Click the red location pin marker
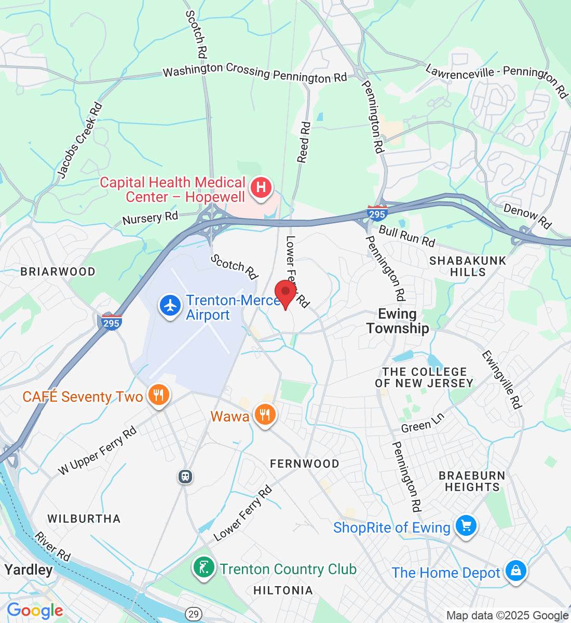pos(285,292)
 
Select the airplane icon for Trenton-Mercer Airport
pos(170,306)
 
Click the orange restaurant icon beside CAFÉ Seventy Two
pos(158,396)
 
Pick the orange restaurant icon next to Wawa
pos(265,415)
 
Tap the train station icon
pos(185,476)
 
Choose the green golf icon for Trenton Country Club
pos(204,567)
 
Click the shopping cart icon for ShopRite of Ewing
pos(466,526)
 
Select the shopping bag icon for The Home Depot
pos(515,571)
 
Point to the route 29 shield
pos(193,614)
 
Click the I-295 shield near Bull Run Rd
pos(376,213)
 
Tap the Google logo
pos(35,611)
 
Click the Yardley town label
pos(29,570)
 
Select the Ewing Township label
pos(398,321)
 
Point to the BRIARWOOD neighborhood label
pos(58,272)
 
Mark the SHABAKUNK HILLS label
pos(468,266)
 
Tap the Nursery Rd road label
pos(150,218)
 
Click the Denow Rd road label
pos(527,215)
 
